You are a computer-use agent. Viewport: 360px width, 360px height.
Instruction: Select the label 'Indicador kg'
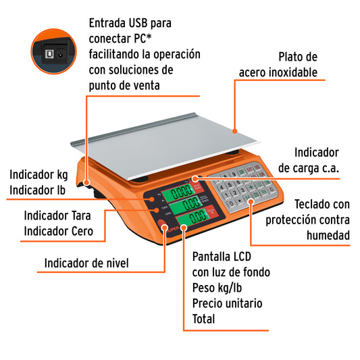click(x=38, y=175)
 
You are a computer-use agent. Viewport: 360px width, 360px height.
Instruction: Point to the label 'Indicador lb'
click(x=38, y=190)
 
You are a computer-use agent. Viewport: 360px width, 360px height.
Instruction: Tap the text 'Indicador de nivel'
click(x=86, y=263)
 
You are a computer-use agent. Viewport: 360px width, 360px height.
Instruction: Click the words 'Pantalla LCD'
click(x=224, y=257)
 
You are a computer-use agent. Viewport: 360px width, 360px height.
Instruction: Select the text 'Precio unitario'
click(x=227, y=303)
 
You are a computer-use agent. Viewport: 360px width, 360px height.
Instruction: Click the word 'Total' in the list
click(x=204, y=319)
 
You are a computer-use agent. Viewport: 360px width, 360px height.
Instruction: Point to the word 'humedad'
click(x=329, y=235)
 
